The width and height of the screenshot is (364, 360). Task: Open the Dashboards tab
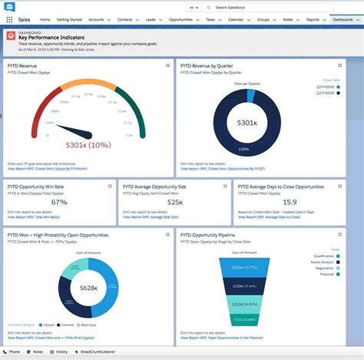point(342,19)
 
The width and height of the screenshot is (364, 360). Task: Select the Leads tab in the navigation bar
point(151,19)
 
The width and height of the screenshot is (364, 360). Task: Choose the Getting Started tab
point(69,19)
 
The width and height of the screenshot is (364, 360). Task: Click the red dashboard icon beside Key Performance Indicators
point(11,36)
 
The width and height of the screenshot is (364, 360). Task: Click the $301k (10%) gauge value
point(87,144)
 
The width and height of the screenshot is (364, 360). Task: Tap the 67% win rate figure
point(59,203)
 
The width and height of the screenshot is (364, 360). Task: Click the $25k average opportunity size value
point(175,203)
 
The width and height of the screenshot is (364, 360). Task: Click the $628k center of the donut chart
point(89,287)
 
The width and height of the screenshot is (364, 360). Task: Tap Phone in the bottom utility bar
point(14,353)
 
